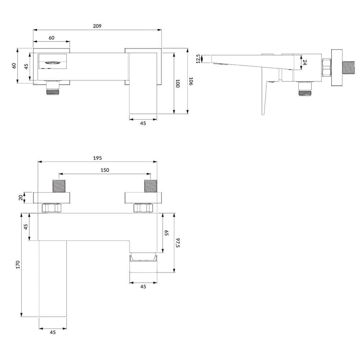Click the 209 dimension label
tap(97, 26)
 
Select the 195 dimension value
tap(97, 158)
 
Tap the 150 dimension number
tap(105, 170)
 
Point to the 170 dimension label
tap(18, 265)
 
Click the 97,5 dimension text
tap(177, 243)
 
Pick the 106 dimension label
tap(191, 81)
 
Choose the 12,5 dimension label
tap(198, 59)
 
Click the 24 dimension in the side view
tap(305, 62)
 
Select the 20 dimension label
tap(21, 198)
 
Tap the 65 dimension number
tap(166, 233)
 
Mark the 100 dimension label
tap(177, 84)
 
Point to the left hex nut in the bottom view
tap(51, 208)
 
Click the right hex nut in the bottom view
tap(143, 208)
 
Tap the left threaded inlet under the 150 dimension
tap(59, 186)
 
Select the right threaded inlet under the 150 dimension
tap(150, 186)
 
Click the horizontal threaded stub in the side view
tap(348, 68)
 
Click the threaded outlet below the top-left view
tap(53, 88)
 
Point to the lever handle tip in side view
tap(263, 114)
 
